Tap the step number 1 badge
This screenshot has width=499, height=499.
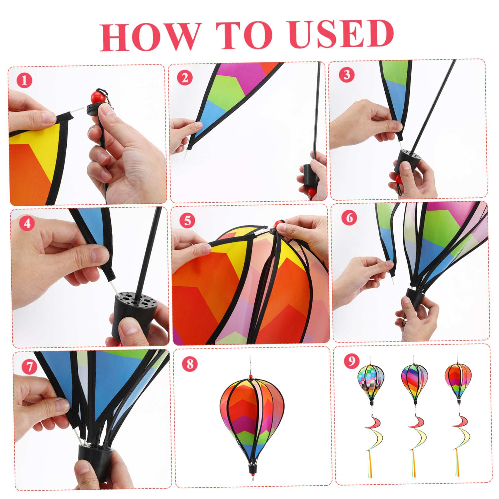[x=24, y=81]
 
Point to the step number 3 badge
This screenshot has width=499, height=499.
[x=346, y=74]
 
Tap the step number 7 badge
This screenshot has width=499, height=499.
[x=29, y=367]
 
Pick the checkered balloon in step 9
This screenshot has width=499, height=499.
[x=371, y=383]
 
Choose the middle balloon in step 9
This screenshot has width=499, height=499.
[x=414, y=382]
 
